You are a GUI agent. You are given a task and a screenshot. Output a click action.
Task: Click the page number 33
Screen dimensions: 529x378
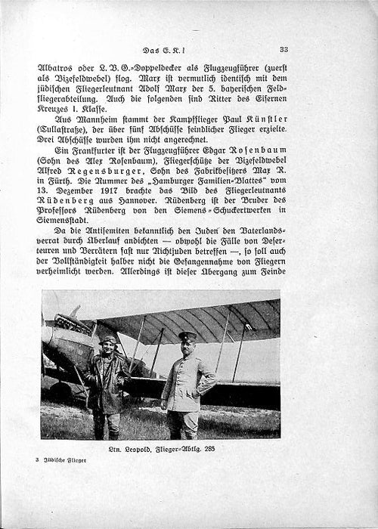(283, 49)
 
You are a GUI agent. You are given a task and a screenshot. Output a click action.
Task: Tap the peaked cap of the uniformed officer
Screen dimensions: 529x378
(187, 335)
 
